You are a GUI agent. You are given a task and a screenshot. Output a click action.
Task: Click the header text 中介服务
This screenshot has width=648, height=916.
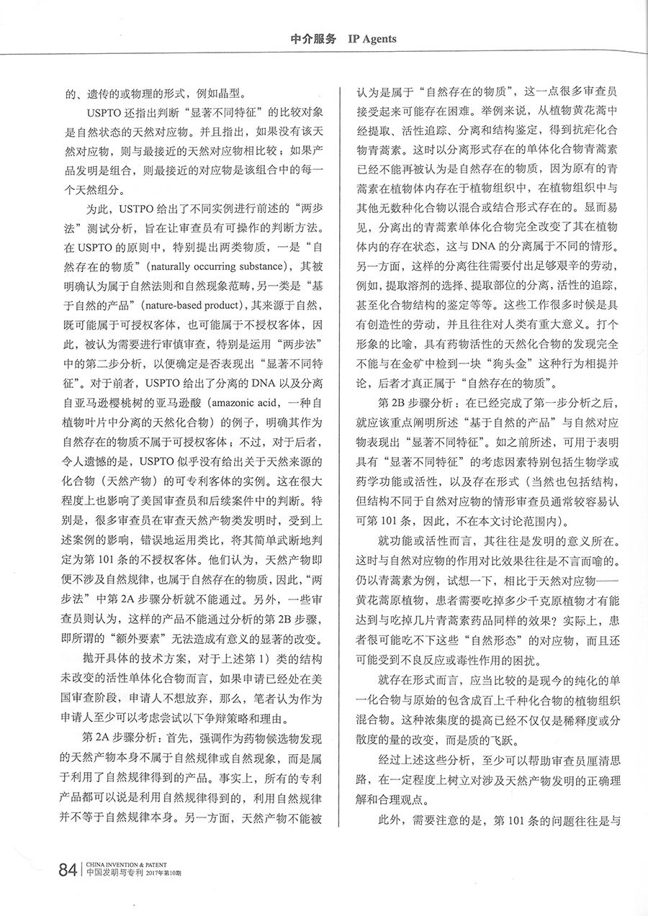coord(312,40)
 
